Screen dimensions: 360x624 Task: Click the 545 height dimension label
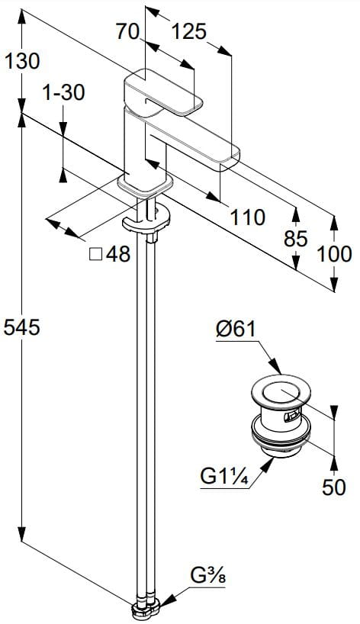22,327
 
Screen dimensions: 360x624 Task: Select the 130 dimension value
22,61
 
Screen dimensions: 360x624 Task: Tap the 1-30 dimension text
63,93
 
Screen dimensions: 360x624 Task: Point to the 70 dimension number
127,31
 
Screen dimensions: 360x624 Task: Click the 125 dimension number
189,31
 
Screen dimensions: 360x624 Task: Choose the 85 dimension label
296,239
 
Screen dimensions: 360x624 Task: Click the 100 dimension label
334,254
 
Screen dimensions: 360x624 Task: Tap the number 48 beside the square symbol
118,254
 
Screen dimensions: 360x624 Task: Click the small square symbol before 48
95,254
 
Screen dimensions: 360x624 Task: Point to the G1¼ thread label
224,476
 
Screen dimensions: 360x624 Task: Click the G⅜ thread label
207,576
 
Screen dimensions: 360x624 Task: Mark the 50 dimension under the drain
334,487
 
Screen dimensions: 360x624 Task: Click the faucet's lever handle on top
163,92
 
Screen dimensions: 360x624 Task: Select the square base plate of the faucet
145,185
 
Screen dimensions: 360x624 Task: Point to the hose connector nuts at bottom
146,609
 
